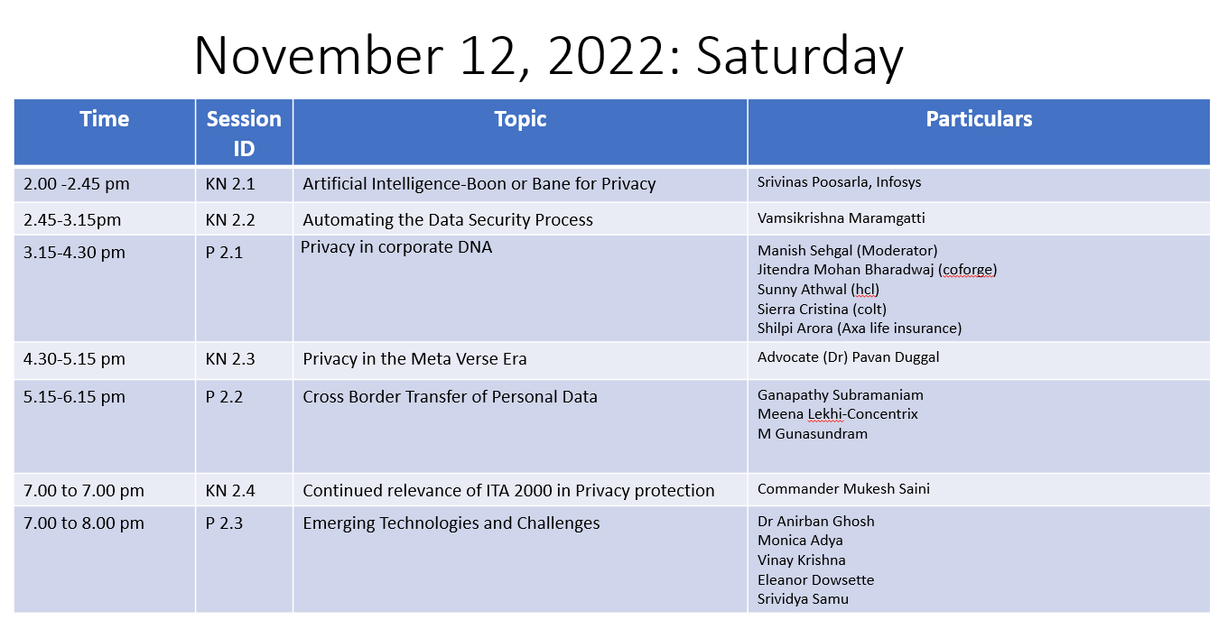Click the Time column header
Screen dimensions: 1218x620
tap(105, 119)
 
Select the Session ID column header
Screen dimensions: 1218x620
tap(244, 134)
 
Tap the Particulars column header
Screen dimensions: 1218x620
tap(979, 119)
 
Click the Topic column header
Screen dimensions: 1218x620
tap(520, 119)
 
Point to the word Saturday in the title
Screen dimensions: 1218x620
tap(799, 56)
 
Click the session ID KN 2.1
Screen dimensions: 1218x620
tap(230, 184)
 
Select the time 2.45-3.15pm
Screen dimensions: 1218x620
tap(72, 220)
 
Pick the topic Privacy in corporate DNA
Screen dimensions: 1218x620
tap(396, 247)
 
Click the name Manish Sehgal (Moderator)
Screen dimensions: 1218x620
tap(848, 251)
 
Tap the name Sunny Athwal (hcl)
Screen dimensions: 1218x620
tap(818, 290)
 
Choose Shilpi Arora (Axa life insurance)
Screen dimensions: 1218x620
tap(860, 329)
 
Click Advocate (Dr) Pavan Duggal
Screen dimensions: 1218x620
tap(848, 357)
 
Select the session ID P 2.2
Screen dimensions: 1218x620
tap(224, 397)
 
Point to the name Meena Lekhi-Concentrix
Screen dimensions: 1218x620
tap(837, 414)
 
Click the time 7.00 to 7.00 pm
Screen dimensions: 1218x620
tap(84, 491)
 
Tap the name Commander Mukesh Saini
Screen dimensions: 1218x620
tap(843, 488)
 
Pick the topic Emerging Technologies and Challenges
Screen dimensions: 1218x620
tap(451, 523)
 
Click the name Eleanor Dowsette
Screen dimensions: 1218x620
tap(815, 579)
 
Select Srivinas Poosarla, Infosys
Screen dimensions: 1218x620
tap(839, 182)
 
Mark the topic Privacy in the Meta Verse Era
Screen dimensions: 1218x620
tap(415, 359)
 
